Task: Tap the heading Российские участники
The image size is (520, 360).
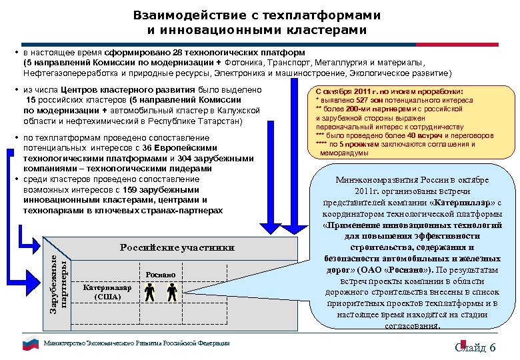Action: pyautogui.click(x=177, y=247)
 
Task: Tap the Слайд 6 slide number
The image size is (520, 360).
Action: pyautogui.click(x=475, y=347)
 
